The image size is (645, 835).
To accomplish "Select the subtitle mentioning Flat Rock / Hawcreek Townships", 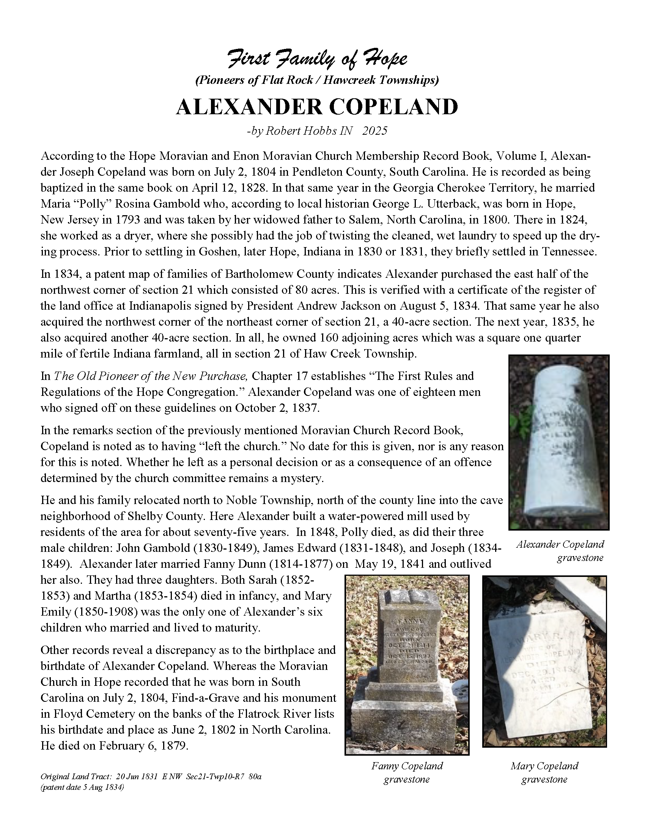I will pos(317,80).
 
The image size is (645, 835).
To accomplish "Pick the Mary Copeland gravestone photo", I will pos(544,661).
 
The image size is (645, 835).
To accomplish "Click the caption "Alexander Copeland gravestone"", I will pos(560,551).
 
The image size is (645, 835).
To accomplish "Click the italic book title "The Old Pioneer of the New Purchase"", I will pos(151,376).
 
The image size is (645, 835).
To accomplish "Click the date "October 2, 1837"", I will pos(276,408).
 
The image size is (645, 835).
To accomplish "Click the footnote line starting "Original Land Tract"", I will pos(151,777).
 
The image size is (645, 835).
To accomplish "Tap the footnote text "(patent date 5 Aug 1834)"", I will pos(82,787).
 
